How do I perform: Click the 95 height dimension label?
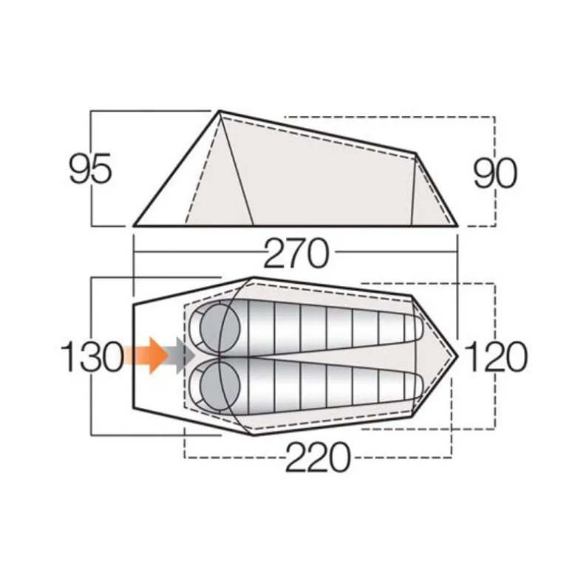click(90, 168)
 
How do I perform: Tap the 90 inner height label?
click(495, 173)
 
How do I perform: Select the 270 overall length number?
click(296, 253)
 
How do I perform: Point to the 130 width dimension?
click(92, 356)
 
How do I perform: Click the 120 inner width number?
click(495, 356)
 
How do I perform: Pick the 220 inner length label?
click(318, 457)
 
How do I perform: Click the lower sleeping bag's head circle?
click(220, 386)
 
